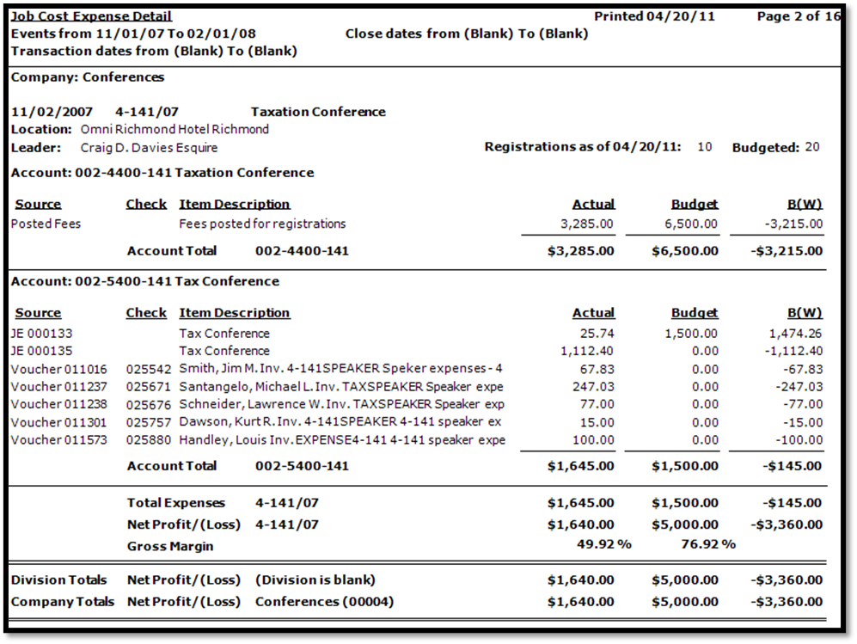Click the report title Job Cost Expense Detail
click(91, 16)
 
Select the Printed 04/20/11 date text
click(654, 16)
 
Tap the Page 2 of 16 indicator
click(799, 16)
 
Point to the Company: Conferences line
click(87, 77)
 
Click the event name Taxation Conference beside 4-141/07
click(318, 112)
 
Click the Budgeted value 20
click(811, 147)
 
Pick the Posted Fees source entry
click(46, 224)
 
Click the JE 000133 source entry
click(42, 333)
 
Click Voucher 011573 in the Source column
click(60, 440)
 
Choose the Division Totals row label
click(59, 580)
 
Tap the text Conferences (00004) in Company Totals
click(314, 601)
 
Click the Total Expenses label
click(176, 503)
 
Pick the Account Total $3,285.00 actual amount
click(581, 251)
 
